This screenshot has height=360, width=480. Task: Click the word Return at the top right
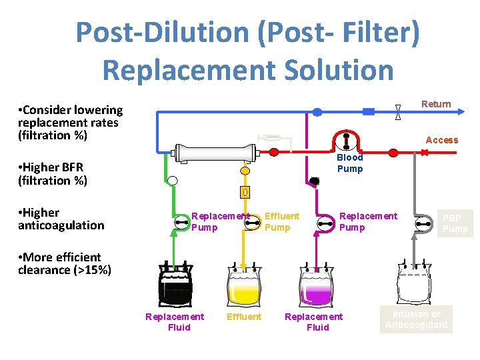click(x=436, y=104)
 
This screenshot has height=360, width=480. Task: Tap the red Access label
click(x=441, y=140)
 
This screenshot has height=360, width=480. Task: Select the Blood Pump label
click(x=349, y=163)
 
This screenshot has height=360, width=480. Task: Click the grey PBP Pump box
click(x=456, y=223)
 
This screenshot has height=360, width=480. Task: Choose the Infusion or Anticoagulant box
click(x=417, y=320)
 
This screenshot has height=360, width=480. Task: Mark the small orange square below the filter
click(x=245, y=193)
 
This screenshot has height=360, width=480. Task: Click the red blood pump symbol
click(x=346, y=139)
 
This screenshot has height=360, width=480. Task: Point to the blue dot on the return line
click(x=317, y=112)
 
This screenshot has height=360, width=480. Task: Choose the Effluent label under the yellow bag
click(x=244, y=317)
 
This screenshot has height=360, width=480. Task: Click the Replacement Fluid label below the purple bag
click(x=315, y=322)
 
